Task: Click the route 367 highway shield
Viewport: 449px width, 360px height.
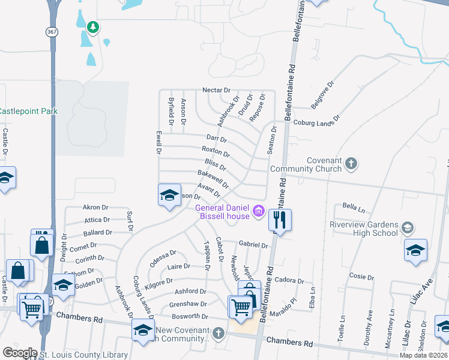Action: tap(53, 32)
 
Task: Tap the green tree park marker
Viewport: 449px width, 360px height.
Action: tap(92, 27)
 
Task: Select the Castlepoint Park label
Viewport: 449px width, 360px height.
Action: tap(28, 111)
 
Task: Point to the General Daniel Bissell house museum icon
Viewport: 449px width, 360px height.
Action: tap(259, 210)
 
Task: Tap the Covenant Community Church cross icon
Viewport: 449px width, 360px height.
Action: tap(351, 163)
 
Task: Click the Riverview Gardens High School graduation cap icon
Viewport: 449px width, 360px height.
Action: tap(408, 227)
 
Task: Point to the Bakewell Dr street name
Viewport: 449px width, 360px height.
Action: tap(213, 178)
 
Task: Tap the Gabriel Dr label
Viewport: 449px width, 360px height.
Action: tap(253, 245)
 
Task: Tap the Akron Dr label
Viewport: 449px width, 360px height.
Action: tap(95, 207)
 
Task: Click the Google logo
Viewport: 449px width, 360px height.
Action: tap(20, 353)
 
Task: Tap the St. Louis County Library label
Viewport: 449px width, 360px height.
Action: tap(83, 355)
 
